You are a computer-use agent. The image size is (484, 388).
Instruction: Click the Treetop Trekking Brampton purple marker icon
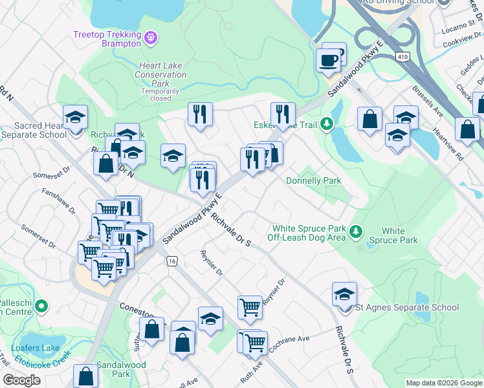click(x=151, y=38)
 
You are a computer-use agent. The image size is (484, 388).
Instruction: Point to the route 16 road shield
click(x=171, y=261)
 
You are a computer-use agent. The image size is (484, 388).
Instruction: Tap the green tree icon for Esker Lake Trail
click(x=328, y=122)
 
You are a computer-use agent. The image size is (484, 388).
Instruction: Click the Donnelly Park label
click(x=313, y=181)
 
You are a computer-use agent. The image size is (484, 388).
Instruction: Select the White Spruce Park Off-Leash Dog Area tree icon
click(x=355, y=230)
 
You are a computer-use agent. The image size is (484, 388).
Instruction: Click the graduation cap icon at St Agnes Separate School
click(x=344, y=294)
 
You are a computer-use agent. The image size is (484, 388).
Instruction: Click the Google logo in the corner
click(x=21, y=380)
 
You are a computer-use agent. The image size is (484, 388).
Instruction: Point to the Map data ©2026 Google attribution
click(x=443, y=383)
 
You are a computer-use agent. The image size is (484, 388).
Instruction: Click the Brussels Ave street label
click(x=428, y=101)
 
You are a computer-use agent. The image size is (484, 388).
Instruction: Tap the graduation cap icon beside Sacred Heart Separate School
click(x=76, y=117)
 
